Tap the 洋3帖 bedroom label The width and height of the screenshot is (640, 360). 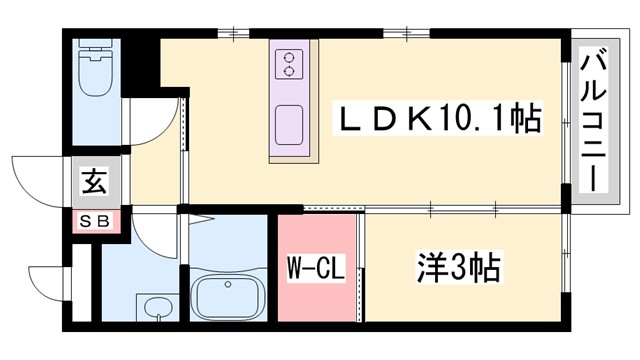(x=457, y=268)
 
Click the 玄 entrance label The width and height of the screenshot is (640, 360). (x=94, y=183)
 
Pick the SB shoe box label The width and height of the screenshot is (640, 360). (x=94, y=219)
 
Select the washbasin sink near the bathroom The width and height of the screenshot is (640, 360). (x=154, y=308)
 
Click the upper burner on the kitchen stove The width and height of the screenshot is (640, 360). (x=290, y=56)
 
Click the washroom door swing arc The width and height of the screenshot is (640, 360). (x=155, y=235)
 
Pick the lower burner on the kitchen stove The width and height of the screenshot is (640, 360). (x=290, y=71)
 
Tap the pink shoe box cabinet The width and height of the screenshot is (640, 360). (x=94, y=219)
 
